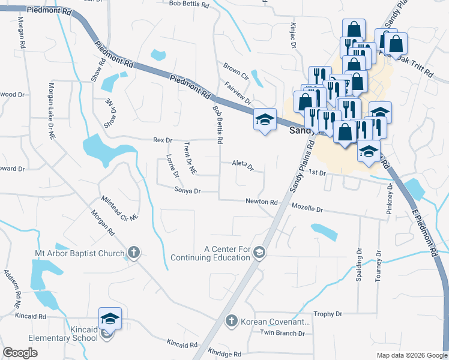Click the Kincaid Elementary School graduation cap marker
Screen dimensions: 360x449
[x=110, y=319]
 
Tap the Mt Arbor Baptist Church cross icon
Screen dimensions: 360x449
[x=134, y=253]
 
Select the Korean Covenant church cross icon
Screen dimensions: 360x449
[x=231, y=321]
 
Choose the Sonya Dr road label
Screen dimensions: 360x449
[x=187, y=191]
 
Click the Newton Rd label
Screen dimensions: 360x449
[x=261, y=202]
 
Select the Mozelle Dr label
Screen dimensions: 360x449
[x=307, y=209]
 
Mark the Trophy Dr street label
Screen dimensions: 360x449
[x=328, y=314]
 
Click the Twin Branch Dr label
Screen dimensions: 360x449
[x=282, y=333]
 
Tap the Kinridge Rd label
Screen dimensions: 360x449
[x=224, y=354]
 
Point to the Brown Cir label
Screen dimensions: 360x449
[x=236, y=71]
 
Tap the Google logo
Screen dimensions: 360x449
[x=20, y=353]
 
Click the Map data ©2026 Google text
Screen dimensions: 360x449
[x=411, y=355]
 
